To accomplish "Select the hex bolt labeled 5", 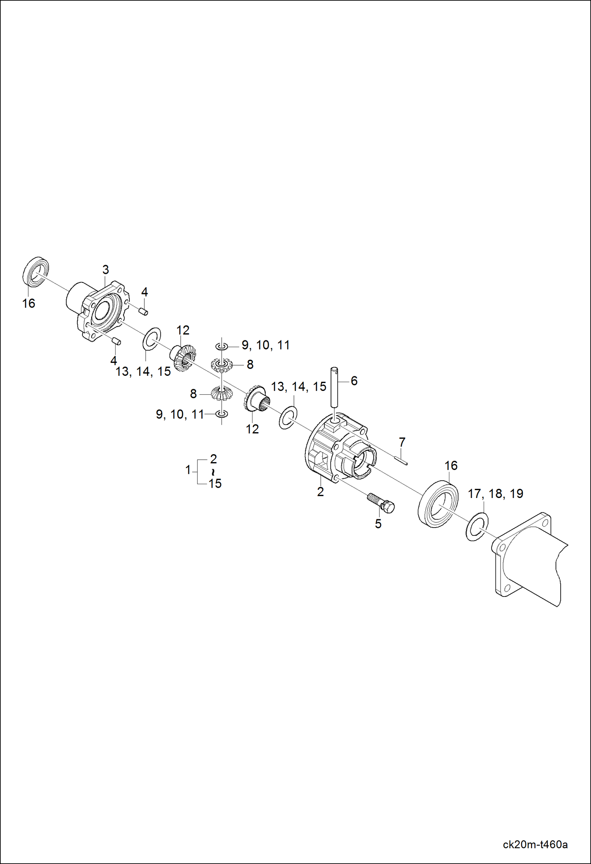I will (x=381, y=503).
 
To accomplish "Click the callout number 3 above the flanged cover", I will (x=105, y=270).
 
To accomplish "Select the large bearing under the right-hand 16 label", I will (x=438, y=504).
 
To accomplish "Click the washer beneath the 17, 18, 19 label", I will (x=477, y=527).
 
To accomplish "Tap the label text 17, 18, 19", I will (x=495, y=494).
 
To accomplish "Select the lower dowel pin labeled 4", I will (x=116, y=341).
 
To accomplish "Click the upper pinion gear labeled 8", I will (x=222, y=365).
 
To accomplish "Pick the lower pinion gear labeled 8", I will (x=221, y=393).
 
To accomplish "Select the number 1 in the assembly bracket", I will (x=188, y=470).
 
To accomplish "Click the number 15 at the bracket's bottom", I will (x=215, y=483).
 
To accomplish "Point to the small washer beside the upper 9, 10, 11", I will (x=222, y=346).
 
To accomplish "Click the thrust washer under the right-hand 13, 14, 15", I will (x=288, y=418).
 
